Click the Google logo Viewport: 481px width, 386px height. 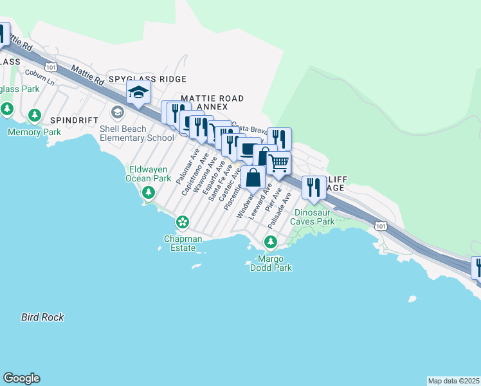[x=21, y=378]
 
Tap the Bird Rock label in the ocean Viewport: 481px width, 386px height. [x=42, y=317]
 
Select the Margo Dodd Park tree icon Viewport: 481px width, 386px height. [x=271, y=242]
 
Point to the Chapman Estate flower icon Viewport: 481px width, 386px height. [x=183, y=222]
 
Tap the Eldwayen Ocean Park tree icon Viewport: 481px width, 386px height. [x=149, y=192]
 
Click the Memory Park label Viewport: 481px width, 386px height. [x=33, y=132]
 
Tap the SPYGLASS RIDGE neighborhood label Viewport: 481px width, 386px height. [x=147, y=79]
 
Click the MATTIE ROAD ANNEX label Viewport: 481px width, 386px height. [x=212, y=102]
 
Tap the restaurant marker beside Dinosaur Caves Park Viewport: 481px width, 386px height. [x=313, y=187]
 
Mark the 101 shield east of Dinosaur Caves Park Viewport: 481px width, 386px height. [x=381, y=226]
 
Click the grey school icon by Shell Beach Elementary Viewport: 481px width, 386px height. [x=117, y=113]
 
